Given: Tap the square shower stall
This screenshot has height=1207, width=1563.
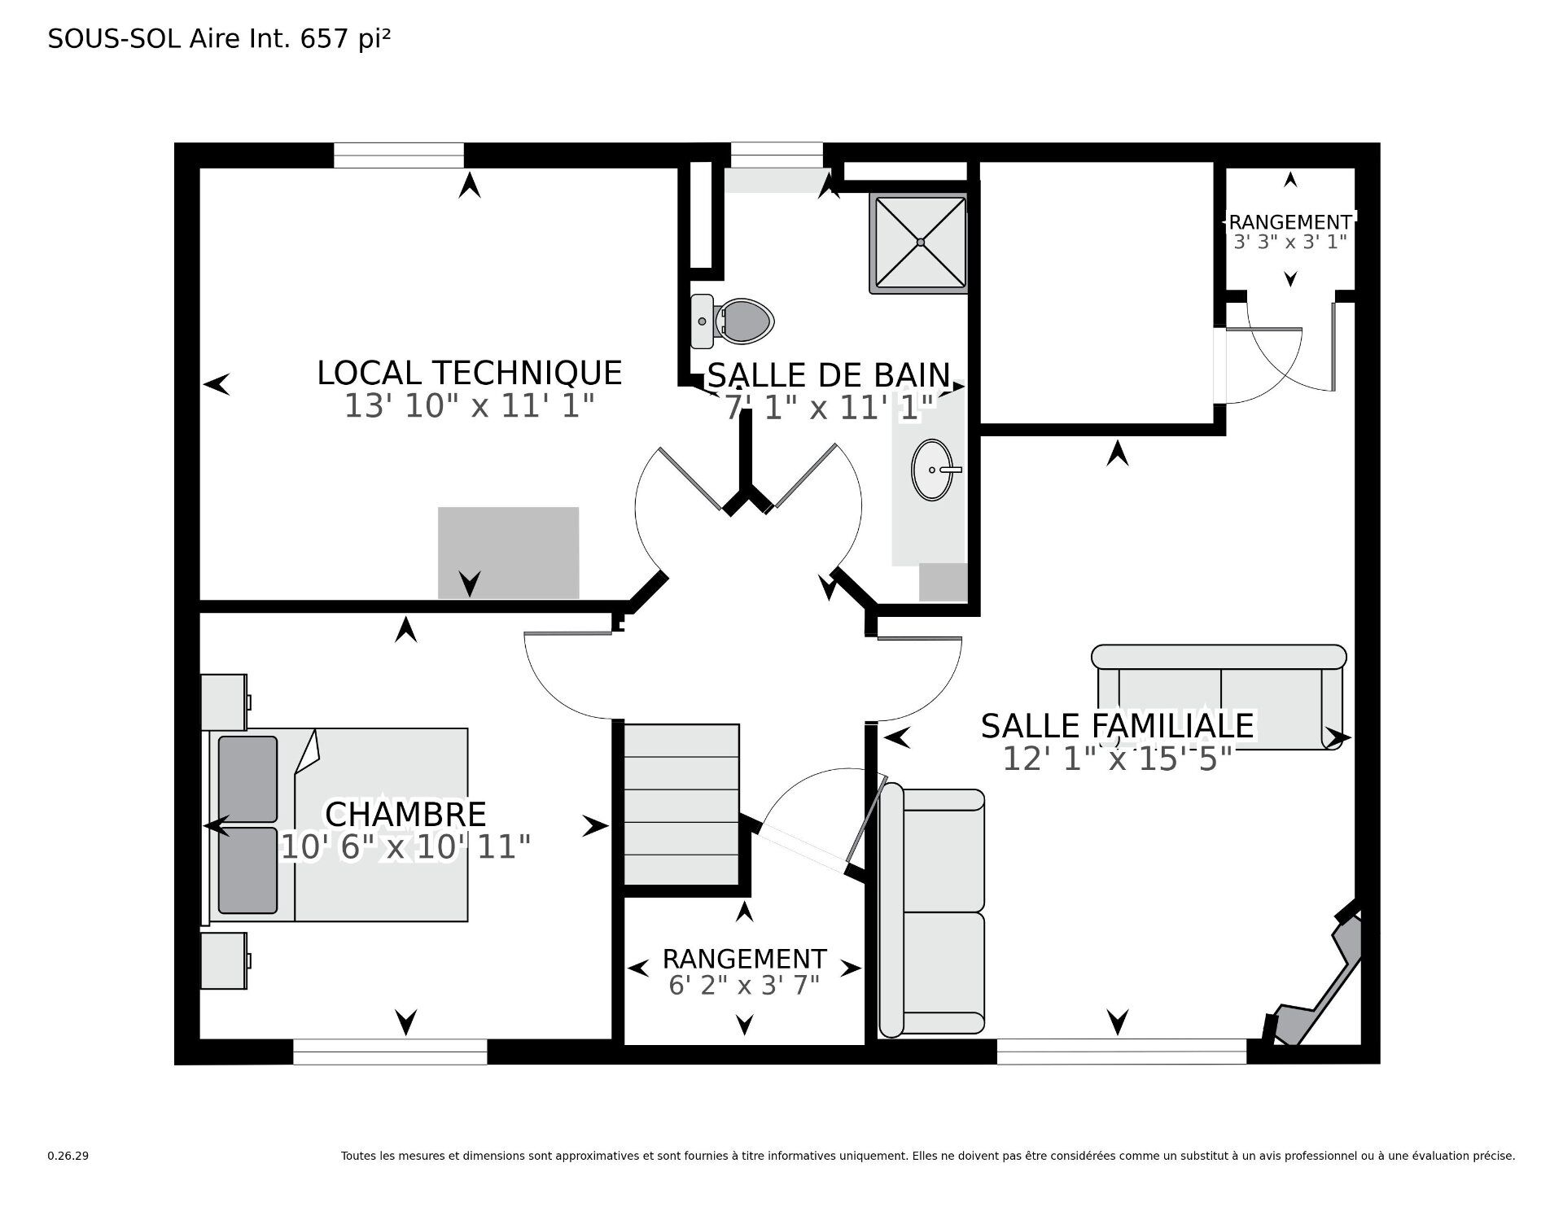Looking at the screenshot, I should (920, 243).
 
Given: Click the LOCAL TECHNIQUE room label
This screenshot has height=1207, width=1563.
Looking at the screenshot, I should (469, 374).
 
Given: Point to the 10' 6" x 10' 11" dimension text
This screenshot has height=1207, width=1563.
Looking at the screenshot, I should (405, 847).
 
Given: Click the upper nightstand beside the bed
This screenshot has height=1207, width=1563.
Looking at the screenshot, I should (224, 702).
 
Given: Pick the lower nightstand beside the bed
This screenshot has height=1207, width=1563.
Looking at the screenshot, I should (224, 960).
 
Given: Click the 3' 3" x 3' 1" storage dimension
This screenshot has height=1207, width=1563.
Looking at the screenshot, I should (1290, 242).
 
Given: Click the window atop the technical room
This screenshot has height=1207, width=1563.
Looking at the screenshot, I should (398, 155).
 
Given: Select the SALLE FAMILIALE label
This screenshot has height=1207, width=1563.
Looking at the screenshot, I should (1117, 725).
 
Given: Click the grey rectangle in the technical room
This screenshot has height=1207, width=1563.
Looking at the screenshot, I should (508, 552).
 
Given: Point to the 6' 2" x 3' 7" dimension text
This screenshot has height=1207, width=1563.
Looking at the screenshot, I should (744, 986).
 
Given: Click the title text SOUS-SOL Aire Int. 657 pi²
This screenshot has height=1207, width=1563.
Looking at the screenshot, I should (219, 38).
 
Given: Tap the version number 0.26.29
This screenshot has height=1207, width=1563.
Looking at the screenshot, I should (68, 1156).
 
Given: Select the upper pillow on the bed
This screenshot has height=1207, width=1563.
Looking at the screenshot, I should (248, 779).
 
